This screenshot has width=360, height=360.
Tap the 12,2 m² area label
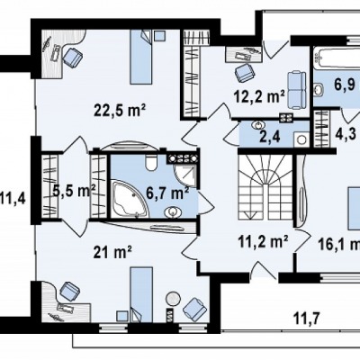point(259,97)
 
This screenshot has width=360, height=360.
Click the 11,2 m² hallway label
point(263,242)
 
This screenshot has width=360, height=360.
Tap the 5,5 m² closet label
point(74,191)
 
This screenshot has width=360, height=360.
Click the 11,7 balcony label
point(306,317)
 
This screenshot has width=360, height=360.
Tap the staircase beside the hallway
point(265,187)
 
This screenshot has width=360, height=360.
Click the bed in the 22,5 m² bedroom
point(140,57)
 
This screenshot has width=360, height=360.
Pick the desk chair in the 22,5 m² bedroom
point(72,57)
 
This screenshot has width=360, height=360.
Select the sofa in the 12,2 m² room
point(297,90)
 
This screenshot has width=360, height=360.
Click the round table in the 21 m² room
point(173,299)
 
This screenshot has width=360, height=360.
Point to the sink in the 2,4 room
point(257,125)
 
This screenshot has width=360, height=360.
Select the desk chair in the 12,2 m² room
point(244,73)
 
